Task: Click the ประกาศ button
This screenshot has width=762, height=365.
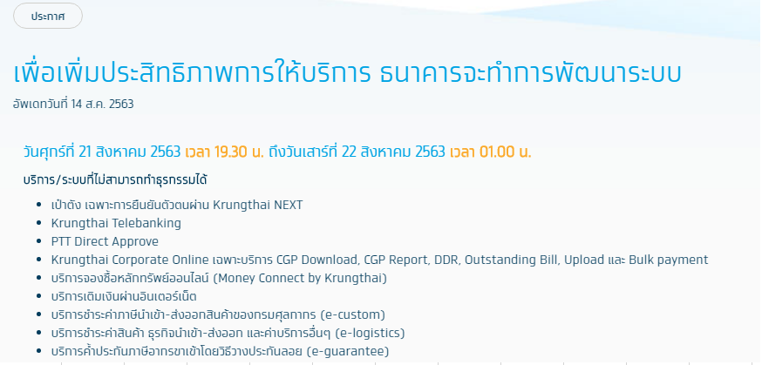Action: pos(48,16)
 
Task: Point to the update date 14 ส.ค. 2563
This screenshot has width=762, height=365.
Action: pos(102,104)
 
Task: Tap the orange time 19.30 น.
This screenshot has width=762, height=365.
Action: pos(239,152)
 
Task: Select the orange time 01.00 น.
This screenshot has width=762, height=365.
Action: pos(506,152)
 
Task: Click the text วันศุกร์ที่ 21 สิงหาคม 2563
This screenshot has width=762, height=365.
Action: pos(102,152)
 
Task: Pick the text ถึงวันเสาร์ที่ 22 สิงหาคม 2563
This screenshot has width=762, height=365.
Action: pos(357,152)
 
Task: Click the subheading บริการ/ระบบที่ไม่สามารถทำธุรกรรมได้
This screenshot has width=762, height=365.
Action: pos(115,179)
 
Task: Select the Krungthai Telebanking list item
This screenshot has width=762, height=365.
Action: pos(116,223)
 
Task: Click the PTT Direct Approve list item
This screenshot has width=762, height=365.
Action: pos(105,241)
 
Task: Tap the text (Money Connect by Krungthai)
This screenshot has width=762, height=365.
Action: pos(300,278)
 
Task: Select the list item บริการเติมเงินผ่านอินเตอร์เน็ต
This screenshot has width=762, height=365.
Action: pos(124,296)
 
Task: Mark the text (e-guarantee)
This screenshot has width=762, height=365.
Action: pos(349,351)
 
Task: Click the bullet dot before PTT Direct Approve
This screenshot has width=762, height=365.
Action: pos(39,241)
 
